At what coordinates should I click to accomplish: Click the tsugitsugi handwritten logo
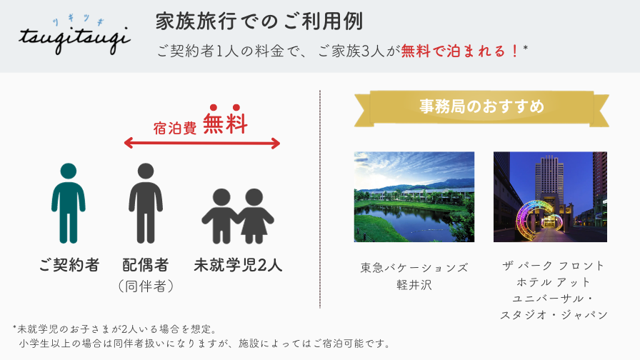(x=74, y=36)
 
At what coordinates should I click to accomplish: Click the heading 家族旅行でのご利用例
(x=259, y=21)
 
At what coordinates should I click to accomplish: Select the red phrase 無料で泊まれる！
(x=460, y=51)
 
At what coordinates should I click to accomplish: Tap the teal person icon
(x=69, y=203)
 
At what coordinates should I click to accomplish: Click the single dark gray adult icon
(x=146, y=203)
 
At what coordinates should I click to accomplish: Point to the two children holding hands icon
(x=238, y=216)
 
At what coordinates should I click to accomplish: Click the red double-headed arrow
(x=202, y=144)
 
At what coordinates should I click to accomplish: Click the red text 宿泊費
(x=175, y=128)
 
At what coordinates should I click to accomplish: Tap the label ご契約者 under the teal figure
(x=69, y=265)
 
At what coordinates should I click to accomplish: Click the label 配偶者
(x=146, y=265)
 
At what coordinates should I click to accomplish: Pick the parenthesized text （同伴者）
(x=146, y=286)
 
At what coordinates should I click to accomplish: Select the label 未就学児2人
(x=238, y=265)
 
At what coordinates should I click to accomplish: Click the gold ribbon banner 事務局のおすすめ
(x=481, y=108)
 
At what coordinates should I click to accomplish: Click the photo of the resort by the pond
(x=414, y=196)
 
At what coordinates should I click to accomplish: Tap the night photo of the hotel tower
(x=550, y=196)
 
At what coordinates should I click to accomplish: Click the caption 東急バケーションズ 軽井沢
(x=414, y=276)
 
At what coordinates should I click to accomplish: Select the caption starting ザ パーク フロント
(x=554, y=290)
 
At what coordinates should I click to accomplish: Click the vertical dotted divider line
(x=320, y=199)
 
